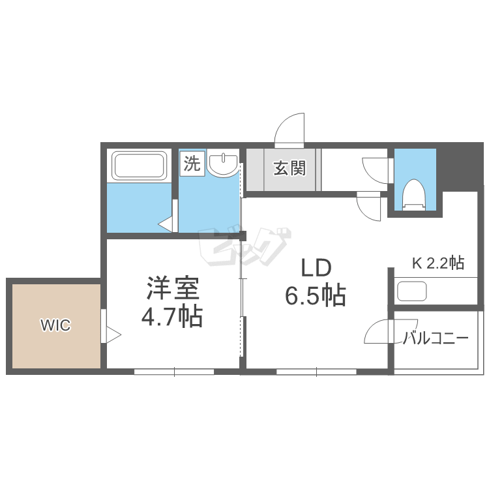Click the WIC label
point(55,325)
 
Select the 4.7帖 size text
point(172,318)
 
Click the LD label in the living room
point(316,268)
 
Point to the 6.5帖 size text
point(316,297)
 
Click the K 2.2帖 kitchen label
point(437,263)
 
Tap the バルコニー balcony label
point(435,338)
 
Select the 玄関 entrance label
point(289,168)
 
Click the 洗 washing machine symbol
point(192,164)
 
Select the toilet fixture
point(413,194)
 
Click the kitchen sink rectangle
point(411,290)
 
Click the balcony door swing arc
point(378,333)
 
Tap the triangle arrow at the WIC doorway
point(113,335)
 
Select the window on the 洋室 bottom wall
point(174,372)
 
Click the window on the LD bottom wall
point(316,372)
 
